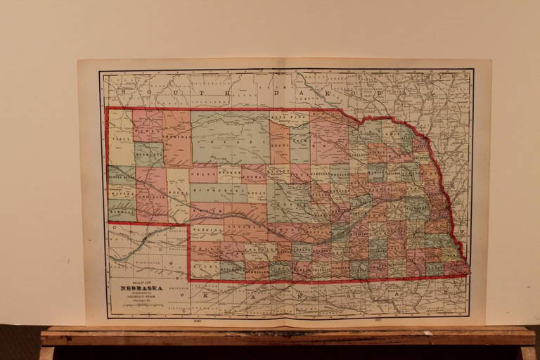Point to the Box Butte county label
coord(148,152)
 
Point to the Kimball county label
coord(121,210)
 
